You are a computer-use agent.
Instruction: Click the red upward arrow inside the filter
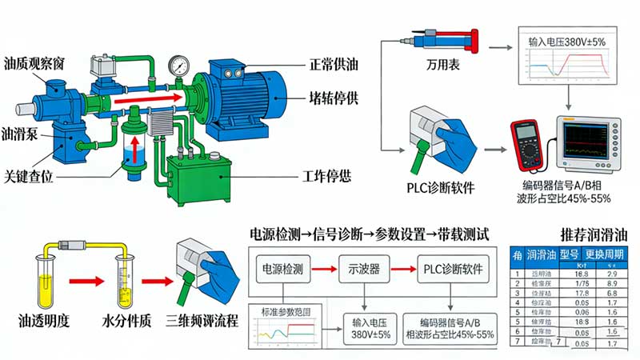[x=134, y=149]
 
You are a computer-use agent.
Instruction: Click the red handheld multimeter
[x=529, y=144]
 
